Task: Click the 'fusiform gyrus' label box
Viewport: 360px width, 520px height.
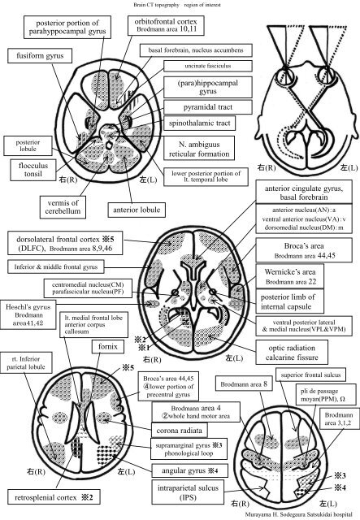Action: (x=37, y=57)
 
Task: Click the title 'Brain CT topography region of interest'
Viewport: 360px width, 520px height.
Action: (x=180, y=4)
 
